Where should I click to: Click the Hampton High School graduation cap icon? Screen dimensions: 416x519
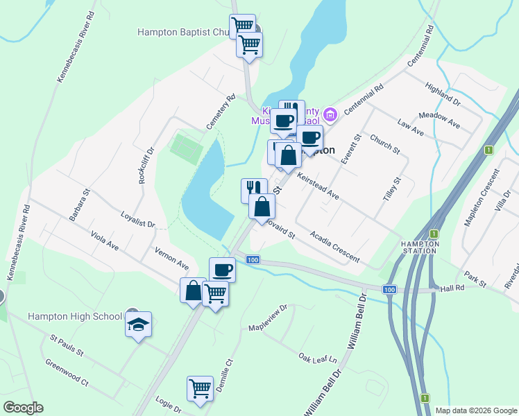138,323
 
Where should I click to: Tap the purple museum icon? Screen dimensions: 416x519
330,114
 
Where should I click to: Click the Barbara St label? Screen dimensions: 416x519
80,205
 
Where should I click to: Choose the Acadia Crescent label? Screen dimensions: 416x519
335,247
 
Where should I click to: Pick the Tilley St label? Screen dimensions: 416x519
392,189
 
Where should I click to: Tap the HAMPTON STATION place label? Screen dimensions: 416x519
420,248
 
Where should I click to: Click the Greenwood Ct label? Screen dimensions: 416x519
67,372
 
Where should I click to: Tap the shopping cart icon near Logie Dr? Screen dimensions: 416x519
200,388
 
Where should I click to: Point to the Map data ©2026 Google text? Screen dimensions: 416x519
475,410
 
